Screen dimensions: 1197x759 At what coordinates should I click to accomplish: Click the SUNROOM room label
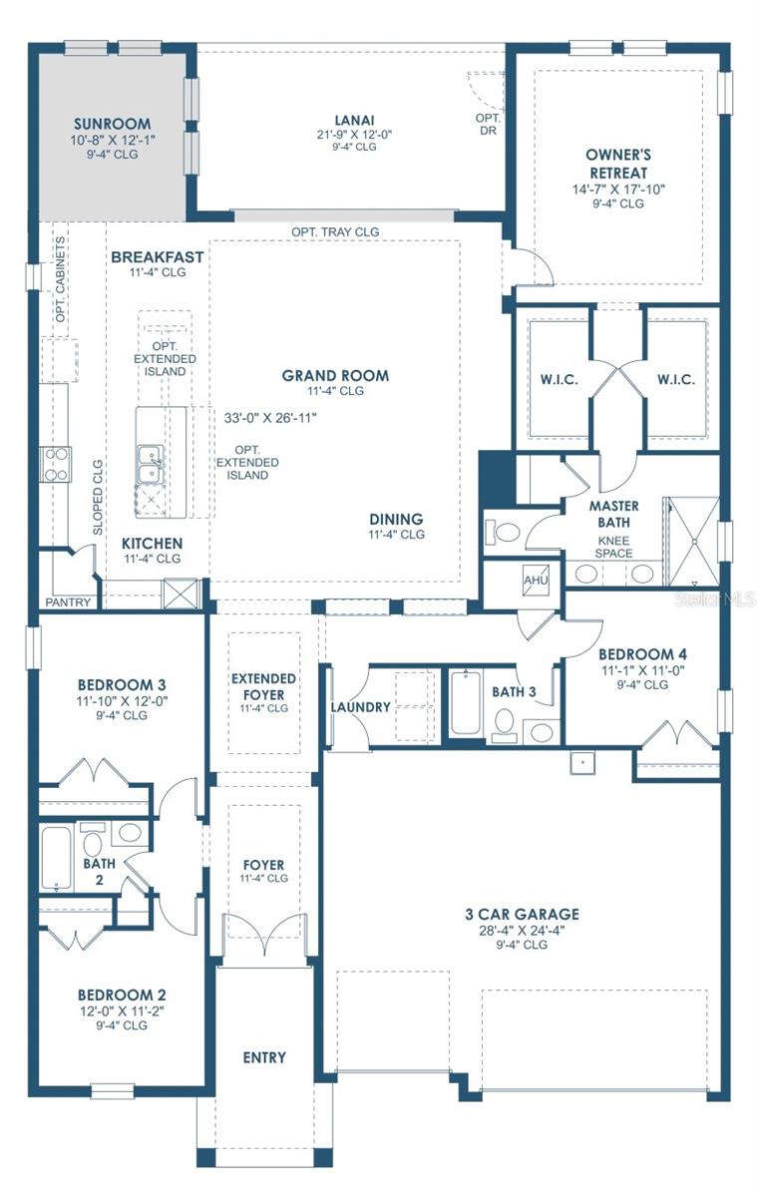coord(113,125)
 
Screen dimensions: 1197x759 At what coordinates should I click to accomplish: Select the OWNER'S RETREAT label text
coord(618,164)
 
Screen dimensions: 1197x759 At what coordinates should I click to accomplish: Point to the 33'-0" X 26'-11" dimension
coord(270,418)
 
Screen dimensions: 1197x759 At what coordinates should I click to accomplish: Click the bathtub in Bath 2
coord(57,858)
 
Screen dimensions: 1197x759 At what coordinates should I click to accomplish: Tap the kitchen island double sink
coord(151,460)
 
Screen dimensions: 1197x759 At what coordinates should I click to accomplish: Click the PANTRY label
coord(68,602)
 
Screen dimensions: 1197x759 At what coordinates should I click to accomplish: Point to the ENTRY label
coord(264,1057)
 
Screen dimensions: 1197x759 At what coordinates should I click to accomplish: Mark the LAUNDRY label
coord(360,707)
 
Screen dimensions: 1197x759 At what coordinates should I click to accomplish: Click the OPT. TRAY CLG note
coord(335,231)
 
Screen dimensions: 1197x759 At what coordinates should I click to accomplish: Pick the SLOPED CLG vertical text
coord(98,497)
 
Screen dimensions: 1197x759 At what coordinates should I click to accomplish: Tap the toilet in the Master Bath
coord(505,530)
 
